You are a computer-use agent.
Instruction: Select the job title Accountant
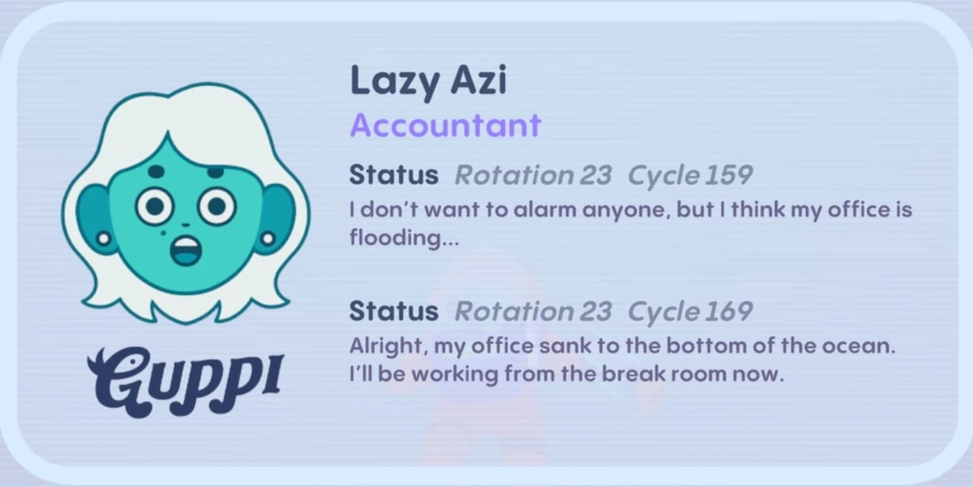(445, 126)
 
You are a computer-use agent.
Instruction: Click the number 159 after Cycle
(727, 175)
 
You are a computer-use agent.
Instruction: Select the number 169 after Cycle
(727, 311)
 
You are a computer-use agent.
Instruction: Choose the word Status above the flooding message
(393, 175)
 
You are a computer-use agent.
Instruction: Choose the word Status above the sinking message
(393, 311)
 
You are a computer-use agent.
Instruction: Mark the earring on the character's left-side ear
(103, 239)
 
